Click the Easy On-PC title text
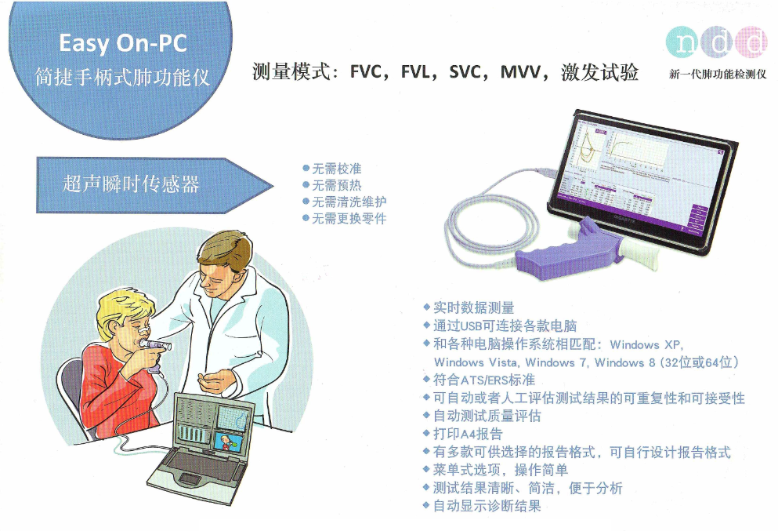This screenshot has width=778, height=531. coord(123,43)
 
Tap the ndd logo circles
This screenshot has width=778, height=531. coord(716,42)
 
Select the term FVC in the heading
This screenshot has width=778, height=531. coord(367,72)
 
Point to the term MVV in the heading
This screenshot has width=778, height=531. coord(520,72)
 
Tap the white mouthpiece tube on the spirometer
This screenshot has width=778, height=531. coord(640,251)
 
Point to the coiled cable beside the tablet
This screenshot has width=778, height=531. coord(492,224)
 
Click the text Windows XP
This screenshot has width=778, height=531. coord(646,345)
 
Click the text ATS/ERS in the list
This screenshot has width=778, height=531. coord(484,380)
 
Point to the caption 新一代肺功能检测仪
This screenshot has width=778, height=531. coord(718,74)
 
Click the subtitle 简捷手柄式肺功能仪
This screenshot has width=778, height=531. coord(122,77)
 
